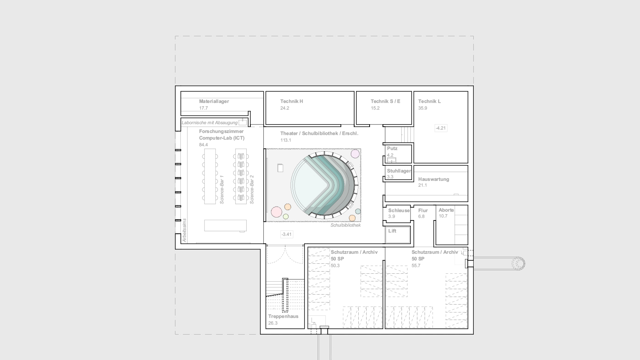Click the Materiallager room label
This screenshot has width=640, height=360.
click(214, 101)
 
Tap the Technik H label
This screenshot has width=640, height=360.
click(292, 101)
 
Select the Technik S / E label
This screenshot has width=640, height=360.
click(385, 101)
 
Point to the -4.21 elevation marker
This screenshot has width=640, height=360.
click(441, 128)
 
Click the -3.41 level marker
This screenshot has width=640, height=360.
click(287, 234)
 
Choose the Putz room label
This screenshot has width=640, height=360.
click(392, 149)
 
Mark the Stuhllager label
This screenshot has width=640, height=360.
click(399, 171)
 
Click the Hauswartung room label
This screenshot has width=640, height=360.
click(434, 180)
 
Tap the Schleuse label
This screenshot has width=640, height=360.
click(399, 210)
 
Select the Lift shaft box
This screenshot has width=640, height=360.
click(398, 235)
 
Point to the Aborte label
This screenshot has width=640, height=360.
click(446, 210)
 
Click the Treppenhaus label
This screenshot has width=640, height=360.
click(283, 317)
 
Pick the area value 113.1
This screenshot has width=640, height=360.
click(286, 140)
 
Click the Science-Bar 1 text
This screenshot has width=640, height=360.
click(222, 190)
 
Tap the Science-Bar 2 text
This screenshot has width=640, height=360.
click(252, 190)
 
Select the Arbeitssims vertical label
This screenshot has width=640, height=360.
click(184, 230)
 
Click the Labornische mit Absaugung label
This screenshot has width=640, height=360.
click(210, 123)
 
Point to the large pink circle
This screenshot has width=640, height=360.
click(276, 212)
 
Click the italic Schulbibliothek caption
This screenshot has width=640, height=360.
click(346, 225)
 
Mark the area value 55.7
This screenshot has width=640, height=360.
click(416, 266)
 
